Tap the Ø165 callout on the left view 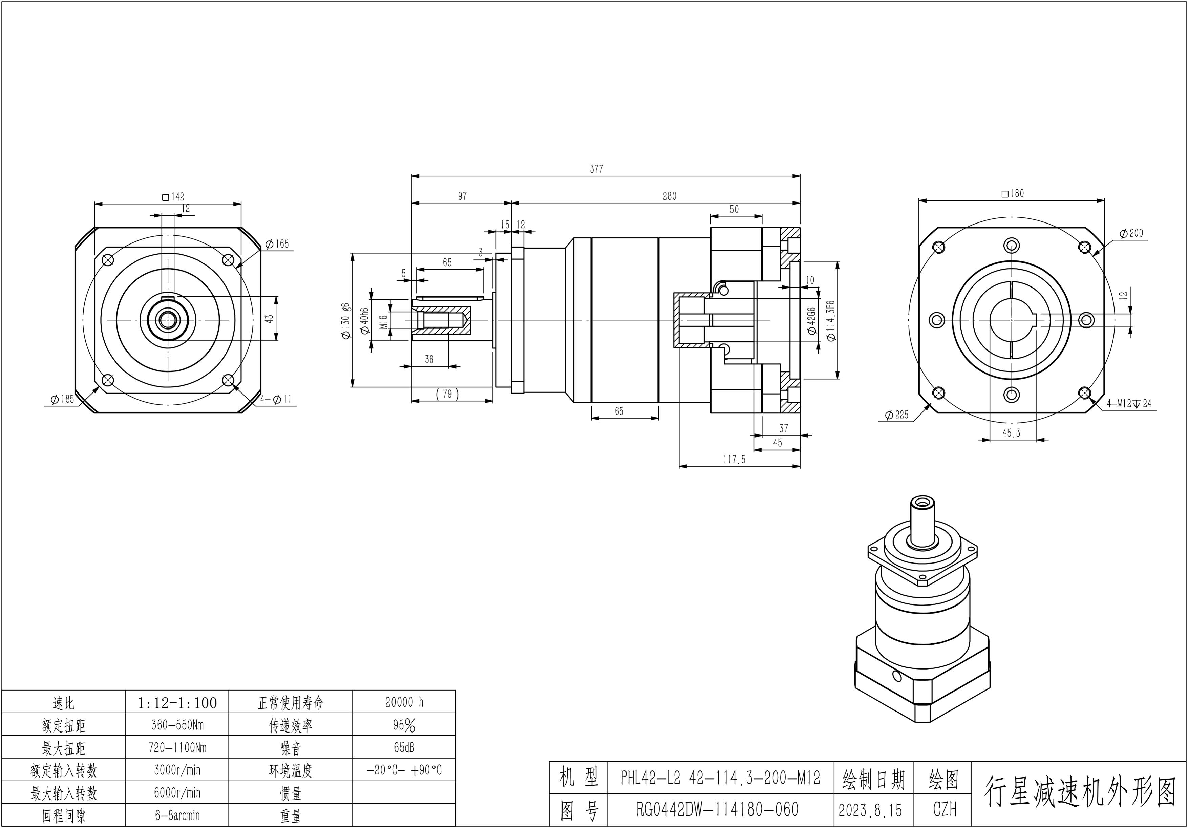coord(277,244)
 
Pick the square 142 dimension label coord(173,197)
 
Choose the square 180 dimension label coord(1013,194)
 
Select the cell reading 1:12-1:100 coord(177,703)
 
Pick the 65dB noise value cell coord(404,748)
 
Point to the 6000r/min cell coord(177,793)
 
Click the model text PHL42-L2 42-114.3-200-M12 coord(720,778)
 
